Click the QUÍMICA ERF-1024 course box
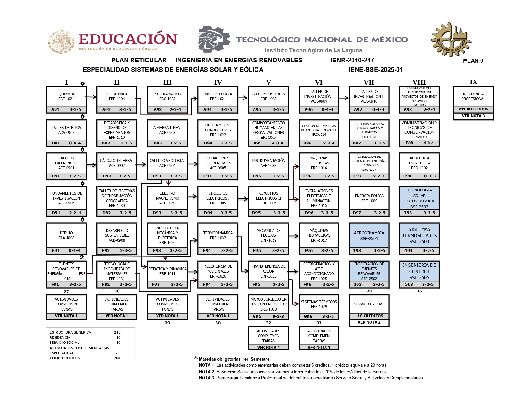pyautogui.click(x=66, y=96)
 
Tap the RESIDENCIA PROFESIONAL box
pyautogui.click(x=473, y=96)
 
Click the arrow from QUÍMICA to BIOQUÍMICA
pyautogui.click(x=91, y=97)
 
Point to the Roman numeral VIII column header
pyautogui.click(x=419, y=82)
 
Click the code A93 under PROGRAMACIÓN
pyautogui.click(x=158, y=110)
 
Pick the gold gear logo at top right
pyautogui.click(x=451, y=40)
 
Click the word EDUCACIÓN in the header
pyautogui.click(x=128, y=39)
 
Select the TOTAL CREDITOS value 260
pyautogui.click(x=117, y=358)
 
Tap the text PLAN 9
pyautogui.click(x=473, y=61)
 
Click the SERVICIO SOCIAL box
pyautogui.click(x=369, y=304)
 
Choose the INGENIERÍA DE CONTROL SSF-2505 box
pyautogui.click(x=419, y=271)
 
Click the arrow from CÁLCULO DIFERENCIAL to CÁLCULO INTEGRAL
pyautogui.click(x=91, y=165)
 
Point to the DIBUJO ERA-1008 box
pyautogui.click(x=66, y=235)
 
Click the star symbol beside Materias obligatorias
pyautogui.click(x=196, y=357)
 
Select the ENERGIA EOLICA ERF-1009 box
pyautogui.click(x=369, y=198)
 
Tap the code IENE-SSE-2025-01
pyautogui.click(x=376, y=70)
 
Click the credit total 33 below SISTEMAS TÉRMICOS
pyautogui.click(x=319, y=323)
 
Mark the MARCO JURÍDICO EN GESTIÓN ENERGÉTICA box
pyautogui.click(x=268, y=304)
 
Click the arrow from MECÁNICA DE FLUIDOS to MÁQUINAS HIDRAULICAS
pyautogui.click(x=294, y=236)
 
